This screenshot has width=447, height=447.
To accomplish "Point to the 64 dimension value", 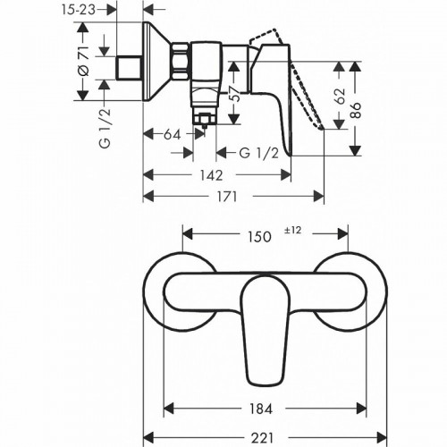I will pyautogui.click(x=174, y=136).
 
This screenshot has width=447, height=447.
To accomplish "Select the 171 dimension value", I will pyautogui.click(x=228, y=198).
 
